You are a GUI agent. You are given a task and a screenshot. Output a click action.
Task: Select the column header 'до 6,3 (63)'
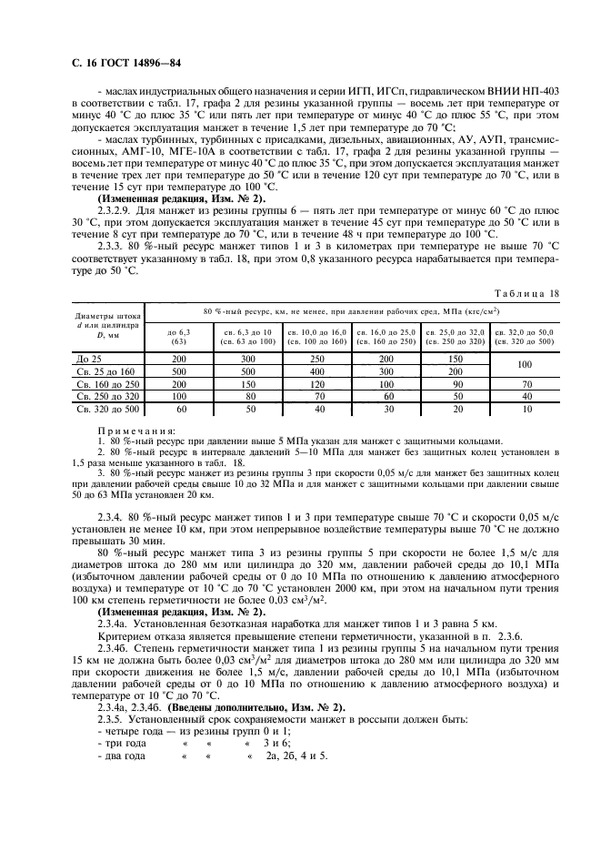tap(178, 337)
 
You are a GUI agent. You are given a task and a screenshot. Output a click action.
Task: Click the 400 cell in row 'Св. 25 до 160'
tap(315, 372)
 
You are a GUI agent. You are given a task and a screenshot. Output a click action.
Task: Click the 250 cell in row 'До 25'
tap(315, 360)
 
